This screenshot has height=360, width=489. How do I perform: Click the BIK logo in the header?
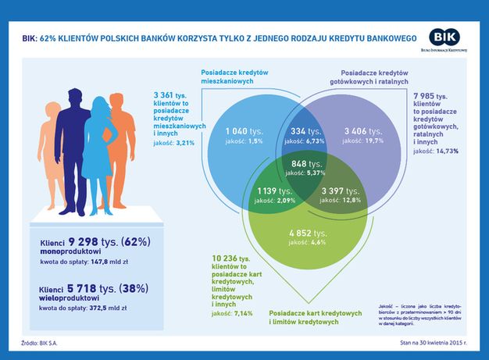tap(446, 38)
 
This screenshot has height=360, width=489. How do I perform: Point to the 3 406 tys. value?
tap(362, 130)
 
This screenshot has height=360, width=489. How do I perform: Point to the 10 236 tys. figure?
tap(230, 258)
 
